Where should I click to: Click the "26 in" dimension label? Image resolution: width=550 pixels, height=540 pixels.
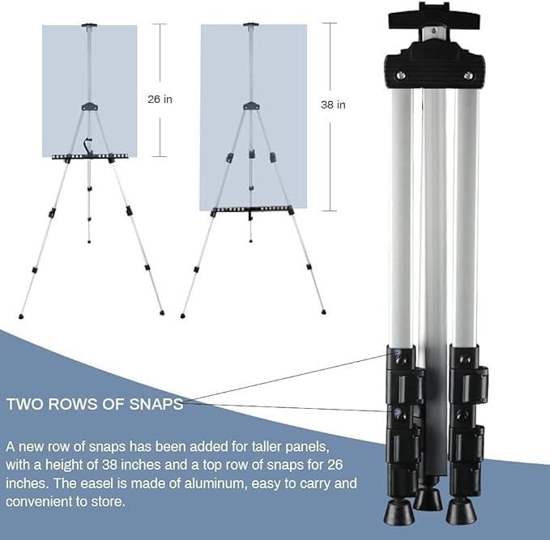(160, 100)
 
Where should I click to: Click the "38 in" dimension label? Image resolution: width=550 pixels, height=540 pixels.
(333, 104)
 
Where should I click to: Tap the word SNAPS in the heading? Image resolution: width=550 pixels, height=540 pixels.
(156, 404)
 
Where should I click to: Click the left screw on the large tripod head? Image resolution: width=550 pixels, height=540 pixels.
(401, 74)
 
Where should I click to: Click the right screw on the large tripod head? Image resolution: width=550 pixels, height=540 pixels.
(468, 75)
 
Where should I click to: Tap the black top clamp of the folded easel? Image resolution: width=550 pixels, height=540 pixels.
(434, 16)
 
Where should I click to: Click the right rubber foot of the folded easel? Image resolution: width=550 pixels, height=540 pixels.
(461, 512)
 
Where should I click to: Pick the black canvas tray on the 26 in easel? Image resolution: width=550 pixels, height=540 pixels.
(90, 156)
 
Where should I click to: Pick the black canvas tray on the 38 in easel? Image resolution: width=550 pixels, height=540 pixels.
(253, 210)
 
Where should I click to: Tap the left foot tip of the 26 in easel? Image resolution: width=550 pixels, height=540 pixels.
(21, 317)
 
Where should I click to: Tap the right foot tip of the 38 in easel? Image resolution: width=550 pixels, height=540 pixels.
(323, 312)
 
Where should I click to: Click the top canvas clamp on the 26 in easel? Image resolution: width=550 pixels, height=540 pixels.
(89, 26)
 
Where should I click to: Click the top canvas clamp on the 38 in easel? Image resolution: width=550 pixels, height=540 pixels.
(251, 25)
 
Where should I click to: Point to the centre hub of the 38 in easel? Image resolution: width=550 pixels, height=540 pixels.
(251, 105)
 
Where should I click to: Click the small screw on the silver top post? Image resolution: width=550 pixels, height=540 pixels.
(434, 32)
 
